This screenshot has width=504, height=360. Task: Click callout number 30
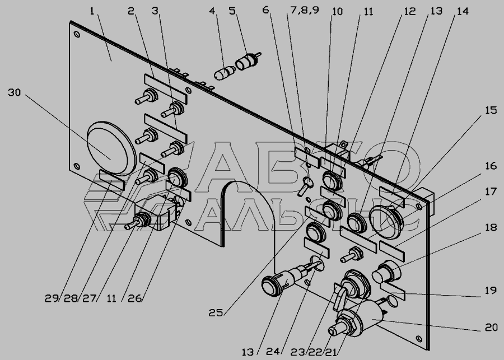[14, 93]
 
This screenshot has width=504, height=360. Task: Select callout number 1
[92, 12]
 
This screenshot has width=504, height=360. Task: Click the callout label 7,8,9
[305, 11]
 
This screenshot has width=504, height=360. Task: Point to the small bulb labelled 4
[225, 73]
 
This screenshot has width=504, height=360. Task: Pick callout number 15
[491, 110]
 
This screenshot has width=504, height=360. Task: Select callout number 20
[491, 328]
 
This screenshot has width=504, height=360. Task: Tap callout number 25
[216, 312]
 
